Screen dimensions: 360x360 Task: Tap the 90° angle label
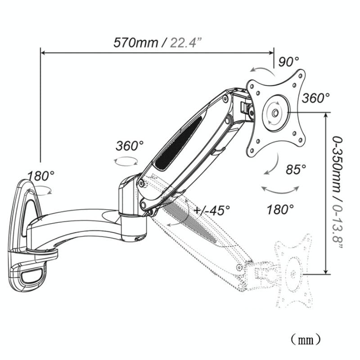[288, 62]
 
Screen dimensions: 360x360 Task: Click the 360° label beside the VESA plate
[316, 98]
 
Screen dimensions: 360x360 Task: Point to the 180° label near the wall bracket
[40, 176]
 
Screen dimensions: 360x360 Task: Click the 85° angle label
[296, 169]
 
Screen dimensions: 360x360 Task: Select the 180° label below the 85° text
[280, 209]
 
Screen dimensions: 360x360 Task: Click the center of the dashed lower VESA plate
[291, 273]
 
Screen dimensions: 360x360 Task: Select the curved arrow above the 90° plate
[262, 68]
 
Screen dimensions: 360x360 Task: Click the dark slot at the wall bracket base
[32, 273]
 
